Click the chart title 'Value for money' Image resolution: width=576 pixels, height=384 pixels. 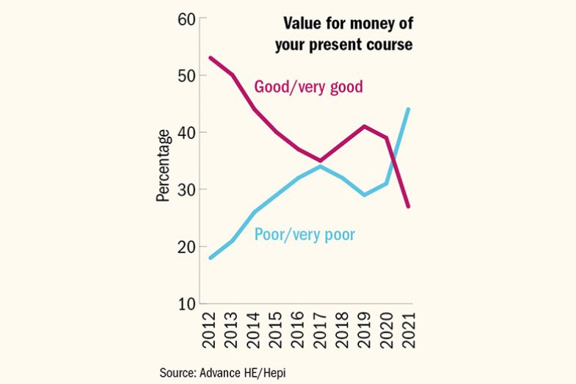coord(343,35)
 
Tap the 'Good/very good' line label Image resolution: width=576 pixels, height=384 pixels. coord(308,87)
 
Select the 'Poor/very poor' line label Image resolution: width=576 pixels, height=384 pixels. coord(305,235)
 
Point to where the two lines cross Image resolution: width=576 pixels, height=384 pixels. coord(395,156)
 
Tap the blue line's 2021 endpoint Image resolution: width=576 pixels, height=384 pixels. coord(408,109)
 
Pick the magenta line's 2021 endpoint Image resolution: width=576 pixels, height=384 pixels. coord(408,206)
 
